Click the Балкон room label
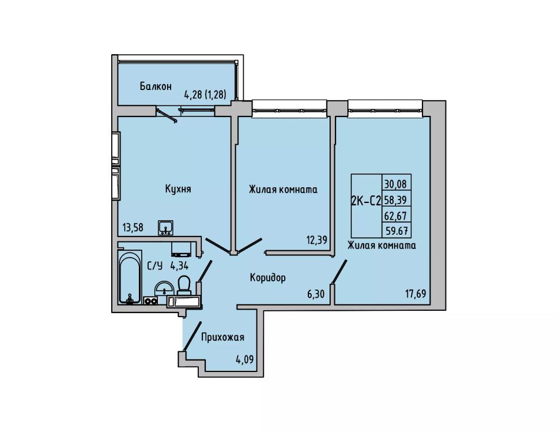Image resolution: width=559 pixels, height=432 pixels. (155, 87)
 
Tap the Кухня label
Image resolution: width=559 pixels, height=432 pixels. (178, 189)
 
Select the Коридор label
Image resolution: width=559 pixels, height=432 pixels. (268, 278)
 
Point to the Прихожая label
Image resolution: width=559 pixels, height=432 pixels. (222, 337)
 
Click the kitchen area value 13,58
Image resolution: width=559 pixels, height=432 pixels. (132, 228)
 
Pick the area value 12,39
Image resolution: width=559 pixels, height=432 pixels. (317, 240)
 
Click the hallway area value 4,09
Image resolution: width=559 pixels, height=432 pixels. (245, 359)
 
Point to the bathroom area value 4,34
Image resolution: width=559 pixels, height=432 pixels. (179, 266)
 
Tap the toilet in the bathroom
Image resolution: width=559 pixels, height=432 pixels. (184, 285)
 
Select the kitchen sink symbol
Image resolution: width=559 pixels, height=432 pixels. (165, 228)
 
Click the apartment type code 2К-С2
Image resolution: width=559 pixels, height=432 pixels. (366, 201)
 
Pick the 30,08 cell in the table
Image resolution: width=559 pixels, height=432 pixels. (397, 184)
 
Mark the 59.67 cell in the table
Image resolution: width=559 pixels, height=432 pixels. (397, 231)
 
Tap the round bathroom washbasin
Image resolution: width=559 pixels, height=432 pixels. (164, 288)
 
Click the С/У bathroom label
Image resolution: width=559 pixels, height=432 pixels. (155, 266)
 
